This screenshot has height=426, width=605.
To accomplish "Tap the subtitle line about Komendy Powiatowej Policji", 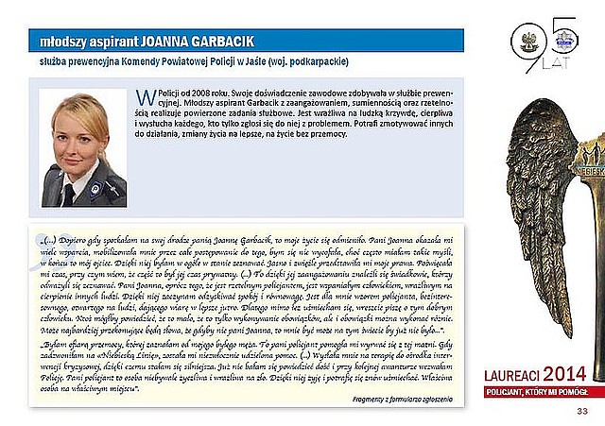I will coord(188,60).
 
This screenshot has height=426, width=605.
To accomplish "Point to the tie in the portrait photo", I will coord(69,195).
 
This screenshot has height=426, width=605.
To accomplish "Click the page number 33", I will coord(581,412).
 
